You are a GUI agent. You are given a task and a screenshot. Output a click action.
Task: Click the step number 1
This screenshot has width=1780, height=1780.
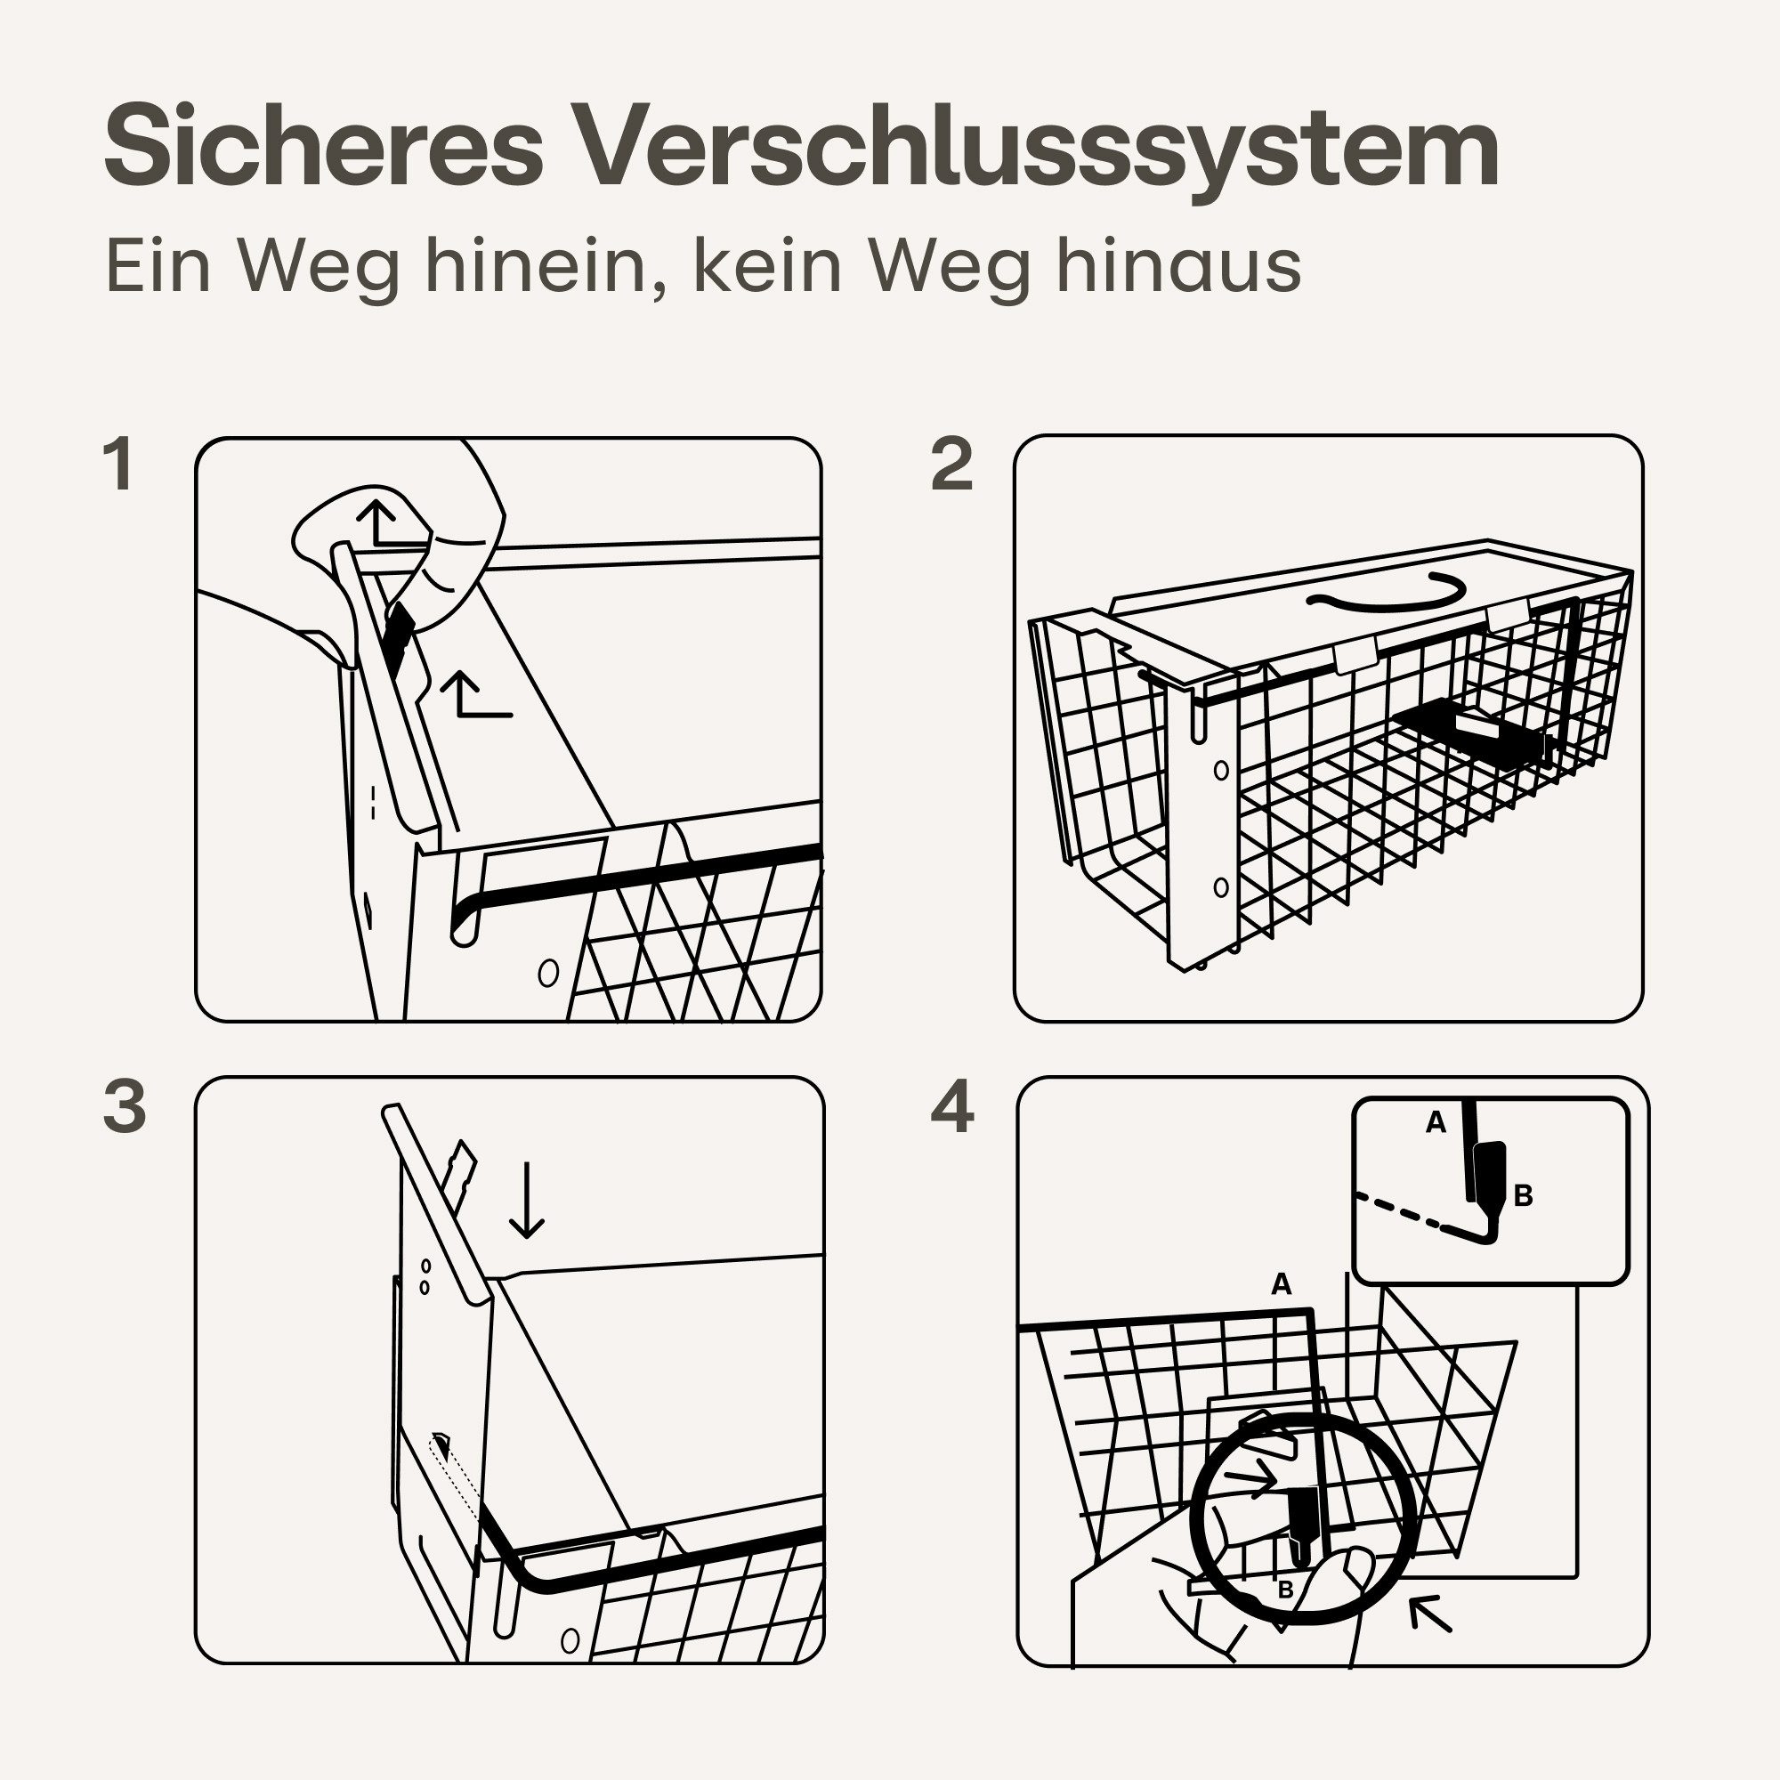point(120,465)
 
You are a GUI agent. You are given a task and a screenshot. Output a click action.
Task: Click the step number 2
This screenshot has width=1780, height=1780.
point(951,465)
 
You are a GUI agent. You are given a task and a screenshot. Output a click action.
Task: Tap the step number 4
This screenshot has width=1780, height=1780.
point(951,1108)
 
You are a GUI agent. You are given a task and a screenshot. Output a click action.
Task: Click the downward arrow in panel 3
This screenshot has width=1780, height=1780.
point(526,1201)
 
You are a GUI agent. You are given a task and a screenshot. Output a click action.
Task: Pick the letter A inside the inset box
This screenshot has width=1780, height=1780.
point(1436,1122)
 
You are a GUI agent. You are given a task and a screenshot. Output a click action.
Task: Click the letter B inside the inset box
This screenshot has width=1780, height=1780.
point(1523,1197)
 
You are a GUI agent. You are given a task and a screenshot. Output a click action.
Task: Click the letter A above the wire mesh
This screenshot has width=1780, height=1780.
point(1281,1283)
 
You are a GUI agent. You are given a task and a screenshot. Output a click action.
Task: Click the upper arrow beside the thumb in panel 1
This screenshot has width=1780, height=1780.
point(377,522)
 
